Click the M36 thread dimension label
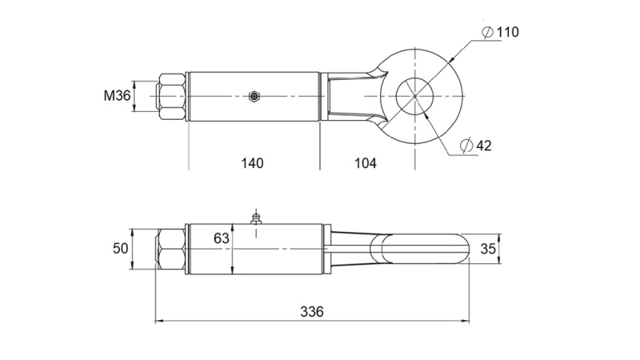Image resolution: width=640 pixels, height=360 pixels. (117, 96)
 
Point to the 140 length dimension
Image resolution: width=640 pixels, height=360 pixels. (252, 163)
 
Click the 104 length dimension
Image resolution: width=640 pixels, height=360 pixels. (365, 163)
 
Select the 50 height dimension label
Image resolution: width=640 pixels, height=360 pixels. (120, 249)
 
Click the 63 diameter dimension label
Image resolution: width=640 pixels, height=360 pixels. (222, 238)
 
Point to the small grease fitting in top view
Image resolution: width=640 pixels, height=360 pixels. (254, 97)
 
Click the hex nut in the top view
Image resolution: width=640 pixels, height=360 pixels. (171, 96)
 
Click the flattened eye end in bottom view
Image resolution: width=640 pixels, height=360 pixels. (424, 248)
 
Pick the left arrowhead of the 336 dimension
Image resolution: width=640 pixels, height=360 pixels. (158, 322)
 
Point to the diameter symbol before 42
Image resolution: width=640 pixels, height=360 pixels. (466, 146)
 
